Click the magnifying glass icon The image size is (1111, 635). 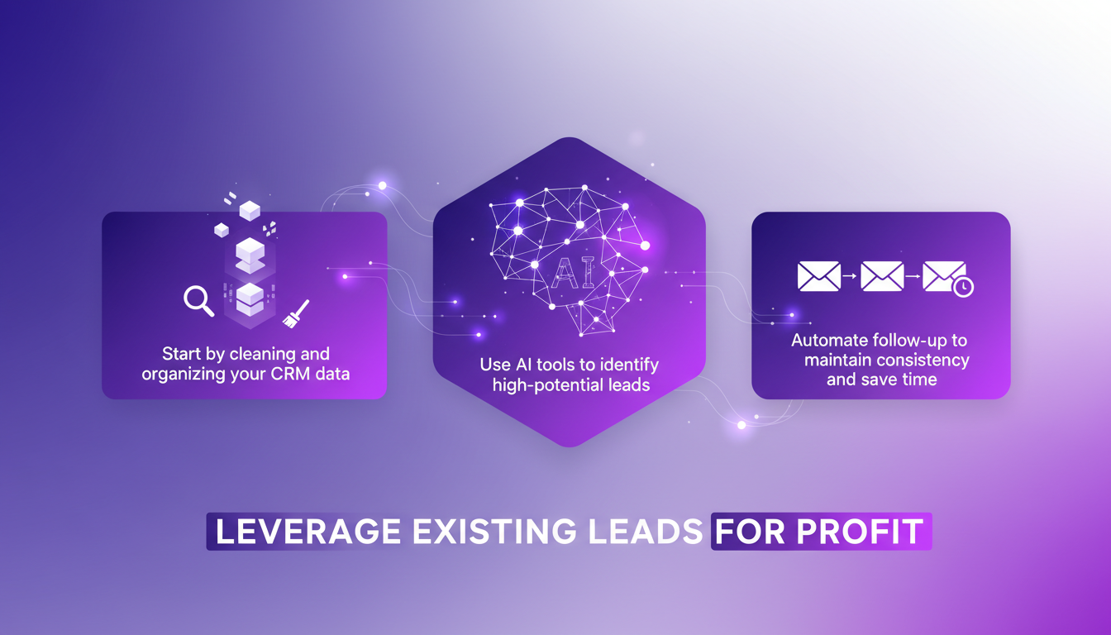point(198,301)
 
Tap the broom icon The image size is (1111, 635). point(295,313)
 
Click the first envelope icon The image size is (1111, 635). point(818,276)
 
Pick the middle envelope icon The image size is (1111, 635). point(881,276)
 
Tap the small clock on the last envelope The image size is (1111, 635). point(963,287)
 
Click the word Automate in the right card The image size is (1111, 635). point(829,340)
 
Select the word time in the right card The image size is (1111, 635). point(920,380)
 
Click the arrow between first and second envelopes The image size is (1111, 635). point(851,276)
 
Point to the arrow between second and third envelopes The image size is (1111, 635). point(913,276)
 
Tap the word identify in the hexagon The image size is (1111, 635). point(631,364)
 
